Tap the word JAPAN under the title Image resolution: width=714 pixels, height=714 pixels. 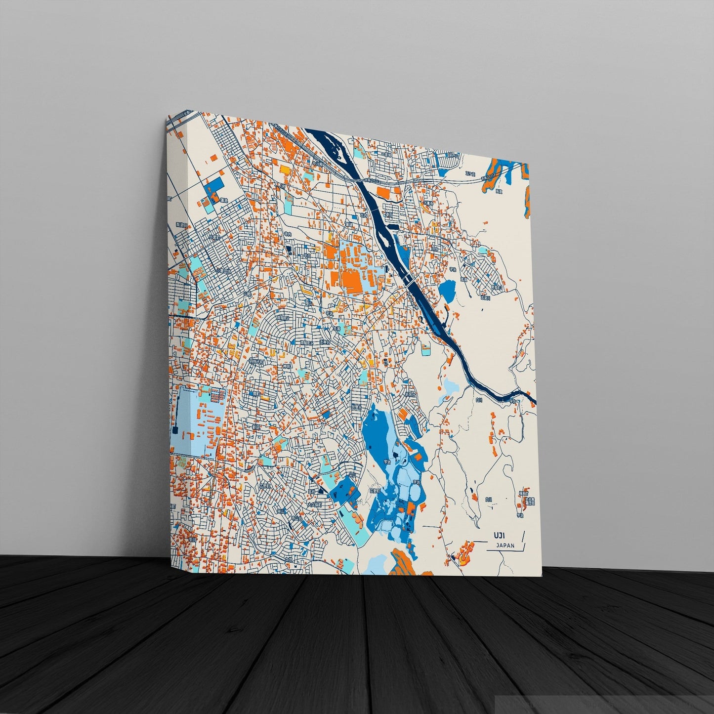(504, 546)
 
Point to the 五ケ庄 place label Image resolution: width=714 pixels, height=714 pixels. (469, 174)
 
